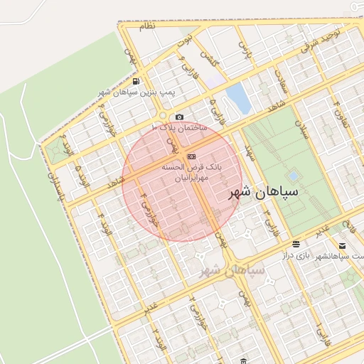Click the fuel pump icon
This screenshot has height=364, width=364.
(x=136, y=81)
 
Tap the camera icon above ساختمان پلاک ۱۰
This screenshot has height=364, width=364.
(x=179, y=117)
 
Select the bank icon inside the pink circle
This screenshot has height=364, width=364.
(x=191, y=156)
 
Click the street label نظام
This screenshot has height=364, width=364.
(x=146, y=26)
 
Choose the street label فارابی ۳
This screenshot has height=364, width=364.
(x=269, y=221)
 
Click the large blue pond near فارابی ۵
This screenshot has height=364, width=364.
(x=239, y=99)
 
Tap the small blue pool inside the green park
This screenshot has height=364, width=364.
(x=293, y=176)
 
